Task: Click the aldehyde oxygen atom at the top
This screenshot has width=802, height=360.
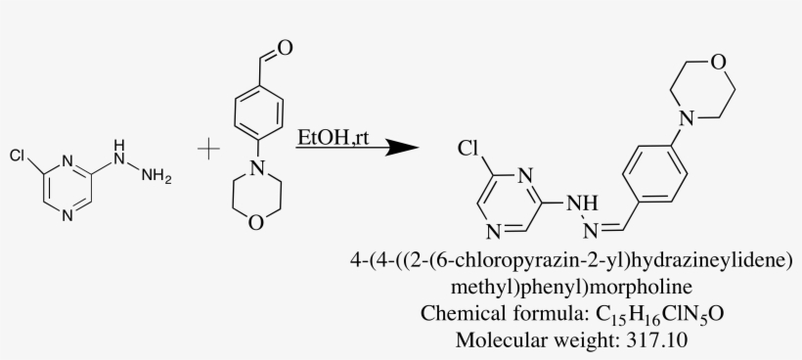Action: click(x=283, y=45)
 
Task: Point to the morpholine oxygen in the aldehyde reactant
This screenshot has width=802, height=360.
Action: click(x=255, y=223)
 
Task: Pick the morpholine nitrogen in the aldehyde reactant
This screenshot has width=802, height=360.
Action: click(x=255, y=168)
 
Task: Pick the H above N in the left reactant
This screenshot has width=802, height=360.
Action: click(x=120, y=147)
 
